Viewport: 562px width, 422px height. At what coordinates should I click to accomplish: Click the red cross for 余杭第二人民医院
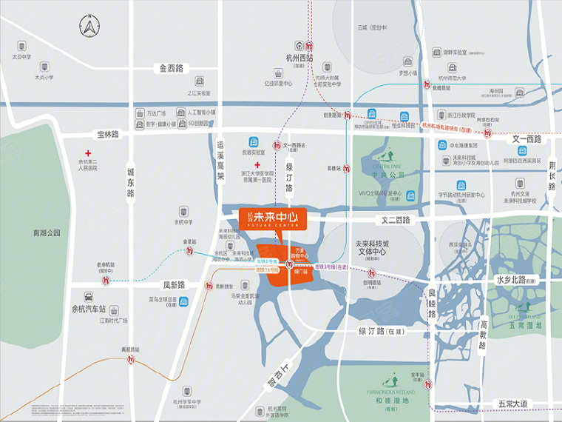pyautogui.click(x=87, y=153)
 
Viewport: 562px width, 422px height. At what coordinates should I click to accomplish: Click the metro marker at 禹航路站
pyautogui.click(x=131, y=361)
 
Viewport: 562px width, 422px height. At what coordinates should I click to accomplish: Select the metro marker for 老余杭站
pyautogui.click(x=106, y=280)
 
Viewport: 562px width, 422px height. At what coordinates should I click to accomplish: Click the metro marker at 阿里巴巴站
pyautogui.click(x=487, y=133)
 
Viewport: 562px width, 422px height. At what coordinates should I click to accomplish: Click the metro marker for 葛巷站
pyautogui.click(x=347, y=168)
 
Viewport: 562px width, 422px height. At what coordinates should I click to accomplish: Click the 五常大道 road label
pyautogui.click(x=513, y=403)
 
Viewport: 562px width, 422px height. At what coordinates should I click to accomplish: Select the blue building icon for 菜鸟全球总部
pyautogui.click(x=184, y=301)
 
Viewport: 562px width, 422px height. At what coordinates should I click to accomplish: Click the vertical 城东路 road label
pyautogui.click(x=130, y=181)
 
